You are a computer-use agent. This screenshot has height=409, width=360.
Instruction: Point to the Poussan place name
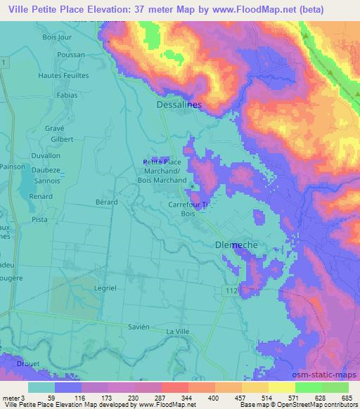71,54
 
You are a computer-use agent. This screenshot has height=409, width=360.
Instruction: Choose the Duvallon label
46,155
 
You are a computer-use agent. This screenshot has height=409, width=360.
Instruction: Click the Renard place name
42,197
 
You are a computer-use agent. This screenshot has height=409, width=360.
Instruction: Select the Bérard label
105,201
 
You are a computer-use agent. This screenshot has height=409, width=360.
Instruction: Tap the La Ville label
178,330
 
